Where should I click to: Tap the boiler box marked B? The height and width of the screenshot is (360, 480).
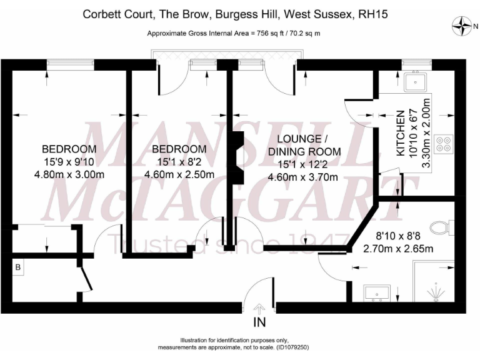pos(17,267)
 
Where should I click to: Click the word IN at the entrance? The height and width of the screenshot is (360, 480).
pos(259,323)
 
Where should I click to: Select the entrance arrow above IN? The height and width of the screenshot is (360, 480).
pos(259,308)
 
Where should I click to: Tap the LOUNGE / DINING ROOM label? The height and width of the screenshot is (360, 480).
pos(304,144)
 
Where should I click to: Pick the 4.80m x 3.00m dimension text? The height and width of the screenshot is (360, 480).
pos(69,174)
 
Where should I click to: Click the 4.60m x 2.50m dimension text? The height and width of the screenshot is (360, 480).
pos(179,174)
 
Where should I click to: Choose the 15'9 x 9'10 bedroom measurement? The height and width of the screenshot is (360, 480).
pos(69,162)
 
